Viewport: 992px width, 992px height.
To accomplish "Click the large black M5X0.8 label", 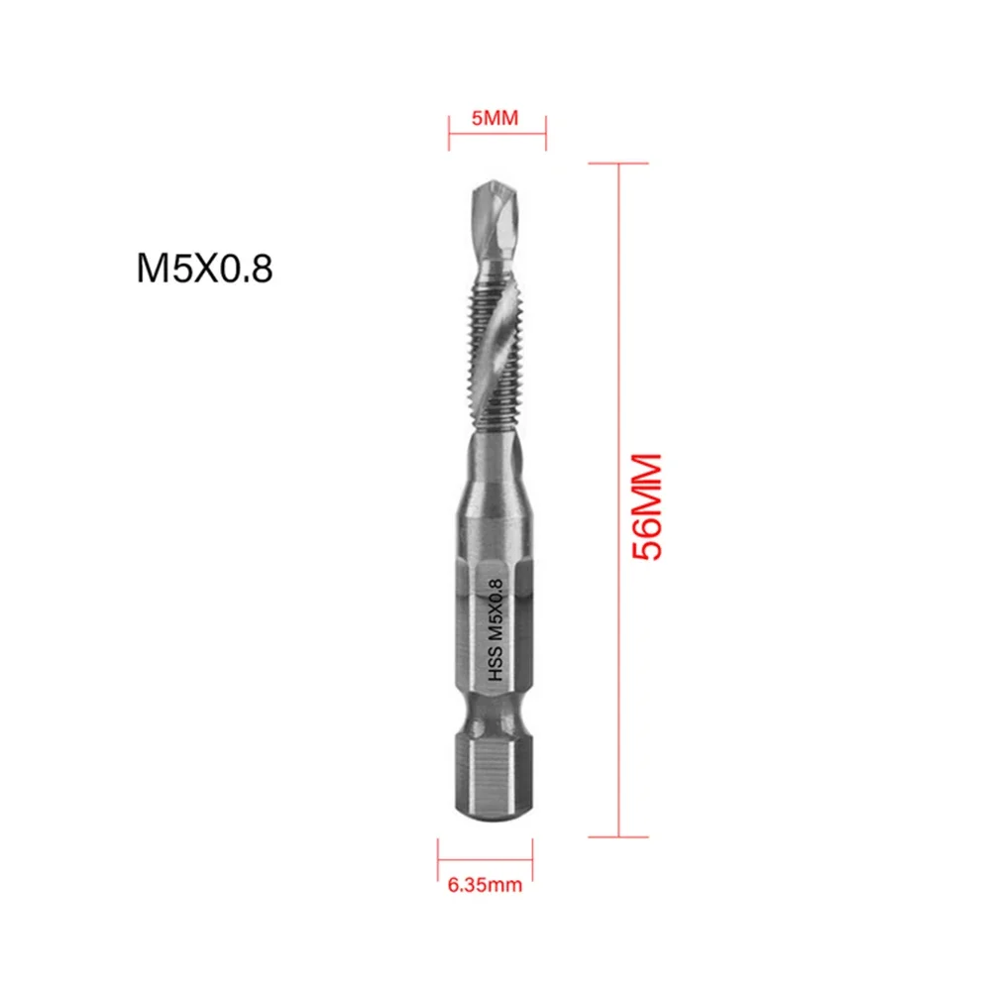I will (x=203, y=269).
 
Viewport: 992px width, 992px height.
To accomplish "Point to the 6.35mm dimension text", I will (x=485, y=885).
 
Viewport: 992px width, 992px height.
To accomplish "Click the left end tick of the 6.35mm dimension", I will (x=437, y=851).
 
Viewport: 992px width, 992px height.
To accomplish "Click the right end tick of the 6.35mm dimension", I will (x=532, y=851).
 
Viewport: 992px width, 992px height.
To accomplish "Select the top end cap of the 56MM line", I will (x=618, y=164).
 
